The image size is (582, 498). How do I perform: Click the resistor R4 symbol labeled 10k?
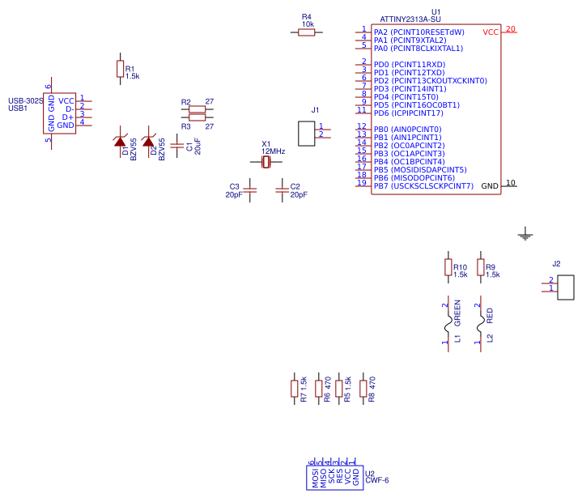pyautogui.click(x=307, y=32)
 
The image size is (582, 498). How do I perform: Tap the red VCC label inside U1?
pyautogui.click(x=491, y=32)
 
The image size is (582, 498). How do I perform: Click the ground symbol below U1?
pyautogui.click(x=525, y=236)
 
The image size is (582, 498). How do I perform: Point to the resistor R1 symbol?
pyautogui.click(x=121, y=70)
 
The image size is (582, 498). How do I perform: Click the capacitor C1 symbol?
pyautogui.click(x=177, y=147)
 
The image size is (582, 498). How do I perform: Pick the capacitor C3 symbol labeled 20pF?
pyautogui.click(x=250, y=190)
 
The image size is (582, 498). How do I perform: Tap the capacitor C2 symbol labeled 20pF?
pyautogui.click(x=282, y=190)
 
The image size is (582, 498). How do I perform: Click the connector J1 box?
pyautogui.click(x=307, y=134)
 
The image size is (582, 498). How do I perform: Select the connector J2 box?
pyautogui.click(x=566, y=287)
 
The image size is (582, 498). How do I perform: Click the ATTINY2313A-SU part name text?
pyautogui.click(x=410, y=19)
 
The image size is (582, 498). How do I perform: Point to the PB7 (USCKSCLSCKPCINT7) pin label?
pyautogui.click(x=423, y=186)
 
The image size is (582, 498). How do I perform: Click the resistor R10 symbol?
pyautogui.click(x=448, y=267)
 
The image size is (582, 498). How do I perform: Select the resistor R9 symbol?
pyautogui.click(x=481, y=267)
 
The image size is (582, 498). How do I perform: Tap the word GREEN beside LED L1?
pyautogui.click(x=457, y=313)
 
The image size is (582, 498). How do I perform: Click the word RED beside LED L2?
pyautogui.click(x=490, y=315)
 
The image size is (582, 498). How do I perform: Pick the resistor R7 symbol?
pyautogui.click(x=294, y=389)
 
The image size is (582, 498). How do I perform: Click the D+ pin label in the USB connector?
pyautogui.click(x=68, y=117)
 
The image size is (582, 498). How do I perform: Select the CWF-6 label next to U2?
pyautogui.click(x=377, y=480)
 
